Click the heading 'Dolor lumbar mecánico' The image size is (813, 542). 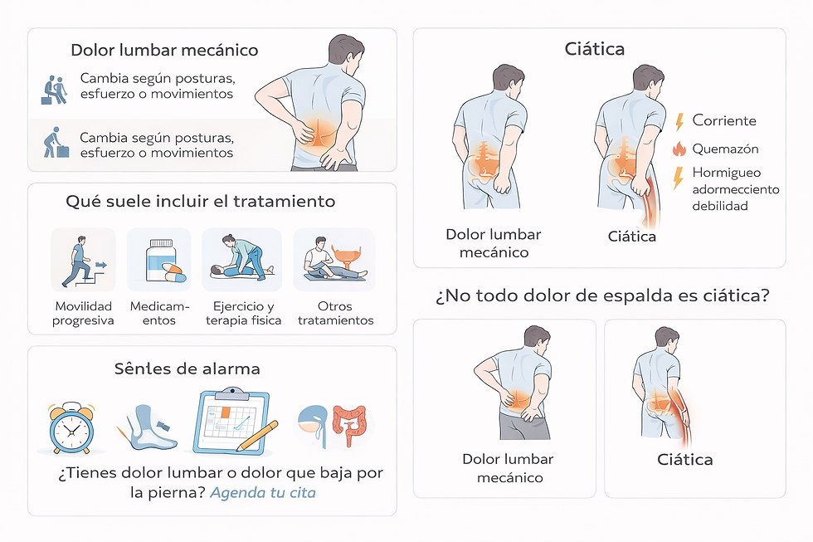[164, 51]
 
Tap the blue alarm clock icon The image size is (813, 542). [71, 428]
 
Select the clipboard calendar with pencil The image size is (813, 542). [235, 422]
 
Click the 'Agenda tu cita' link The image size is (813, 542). [263, 492]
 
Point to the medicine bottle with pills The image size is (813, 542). [161, 260]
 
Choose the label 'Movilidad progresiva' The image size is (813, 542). [83, 313]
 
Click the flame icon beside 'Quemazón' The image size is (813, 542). [679, 149]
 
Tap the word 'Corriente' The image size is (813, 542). [724, 121]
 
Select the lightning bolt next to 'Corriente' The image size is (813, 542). [679, 121]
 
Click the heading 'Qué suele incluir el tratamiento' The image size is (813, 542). [201, 201]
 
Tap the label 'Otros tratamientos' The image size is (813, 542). [335, 313]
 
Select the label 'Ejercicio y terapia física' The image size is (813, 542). [244, 313]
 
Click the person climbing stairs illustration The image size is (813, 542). [83, 261]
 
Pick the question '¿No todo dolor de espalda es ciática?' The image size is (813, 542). [602, 295]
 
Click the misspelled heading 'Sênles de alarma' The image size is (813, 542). [187, 369]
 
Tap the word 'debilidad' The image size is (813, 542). [720, 206]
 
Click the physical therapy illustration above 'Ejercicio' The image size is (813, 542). [242, 258]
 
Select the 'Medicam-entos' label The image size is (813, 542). [159, 313]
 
